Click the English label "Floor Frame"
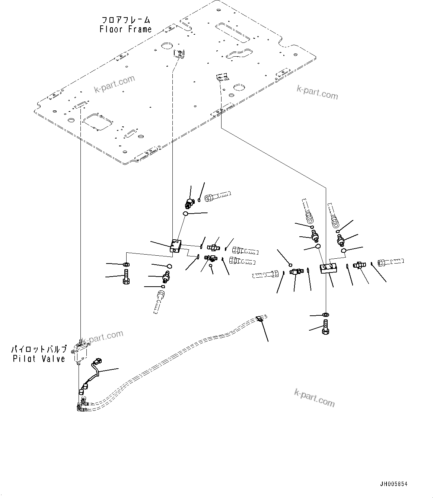point(125,29)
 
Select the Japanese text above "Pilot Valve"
point(39,350)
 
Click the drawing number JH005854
point(394,484)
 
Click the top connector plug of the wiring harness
point(98,361)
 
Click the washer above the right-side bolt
point(326,315)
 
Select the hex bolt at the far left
point(126,277)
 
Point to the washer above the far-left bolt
point(126,264)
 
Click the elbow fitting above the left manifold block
point(190,204)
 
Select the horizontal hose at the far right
point(390,262)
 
